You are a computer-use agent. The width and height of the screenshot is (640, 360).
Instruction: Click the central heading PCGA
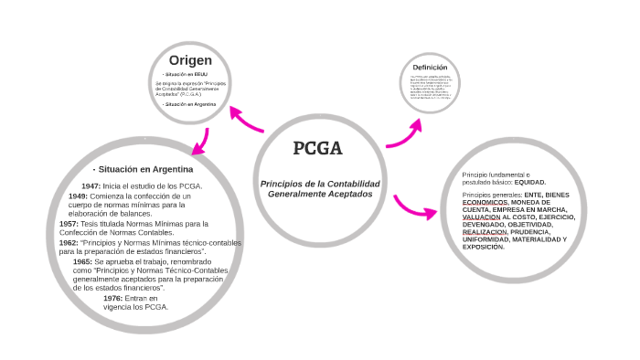pyautogui.click(x=317, y=149)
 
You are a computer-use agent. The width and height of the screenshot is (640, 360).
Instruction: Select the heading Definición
pyautogui.click(x=430, y=68)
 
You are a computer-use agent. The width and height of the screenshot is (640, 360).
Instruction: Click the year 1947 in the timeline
pyautogui.click(x=91, y=186)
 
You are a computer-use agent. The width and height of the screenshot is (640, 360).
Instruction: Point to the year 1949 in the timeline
pyautogui.click(x=78, y=196)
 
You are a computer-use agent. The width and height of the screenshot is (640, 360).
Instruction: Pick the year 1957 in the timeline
pyautogui.click(x=68, y=224)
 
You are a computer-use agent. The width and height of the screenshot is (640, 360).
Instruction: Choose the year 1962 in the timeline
pyautogui.click(x=68, y=243)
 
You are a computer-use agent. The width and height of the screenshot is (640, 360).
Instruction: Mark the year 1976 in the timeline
pyautogui.click(x=112, y=298)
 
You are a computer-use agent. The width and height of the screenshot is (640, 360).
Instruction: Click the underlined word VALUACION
pyautogui.click(x=481, y=217)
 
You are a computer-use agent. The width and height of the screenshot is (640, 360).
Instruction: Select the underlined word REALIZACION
pyautogui.click(x=485, y=232)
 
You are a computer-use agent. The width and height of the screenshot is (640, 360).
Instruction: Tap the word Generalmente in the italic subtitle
pyautogui.click(x=293, y=195)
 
